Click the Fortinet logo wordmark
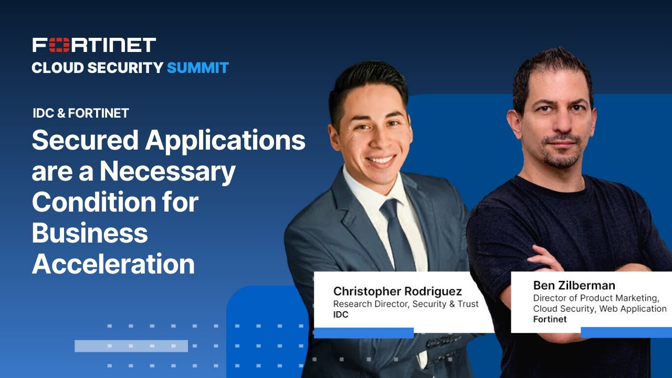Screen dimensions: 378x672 [x=94, y=45]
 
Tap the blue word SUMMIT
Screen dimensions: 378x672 [x=197, y=68]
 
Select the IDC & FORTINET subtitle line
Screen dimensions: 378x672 [x=81, y=113]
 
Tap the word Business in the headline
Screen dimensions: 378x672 [x=90, y=233]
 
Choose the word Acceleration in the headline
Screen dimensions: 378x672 [x=113, y=264]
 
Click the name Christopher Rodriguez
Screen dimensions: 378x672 [x=397, y=291]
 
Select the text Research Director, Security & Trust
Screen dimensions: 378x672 [x=406, y=304]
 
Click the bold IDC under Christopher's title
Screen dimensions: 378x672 [x=341, y=315]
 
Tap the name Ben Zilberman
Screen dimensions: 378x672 [x=574, y=286]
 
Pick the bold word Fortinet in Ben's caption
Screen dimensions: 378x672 [x=550, y=319]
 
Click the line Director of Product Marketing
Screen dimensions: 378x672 [x=596, y=298]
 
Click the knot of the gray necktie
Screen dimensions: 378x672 [x=389, y=208]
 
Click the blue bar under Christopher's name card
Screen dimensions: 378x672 [x=363, y=333]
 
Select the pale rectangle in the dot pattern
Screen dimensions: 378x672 [x=131, y=346]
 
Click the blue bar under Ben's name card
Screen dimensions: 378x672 [x=626, y=332]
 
